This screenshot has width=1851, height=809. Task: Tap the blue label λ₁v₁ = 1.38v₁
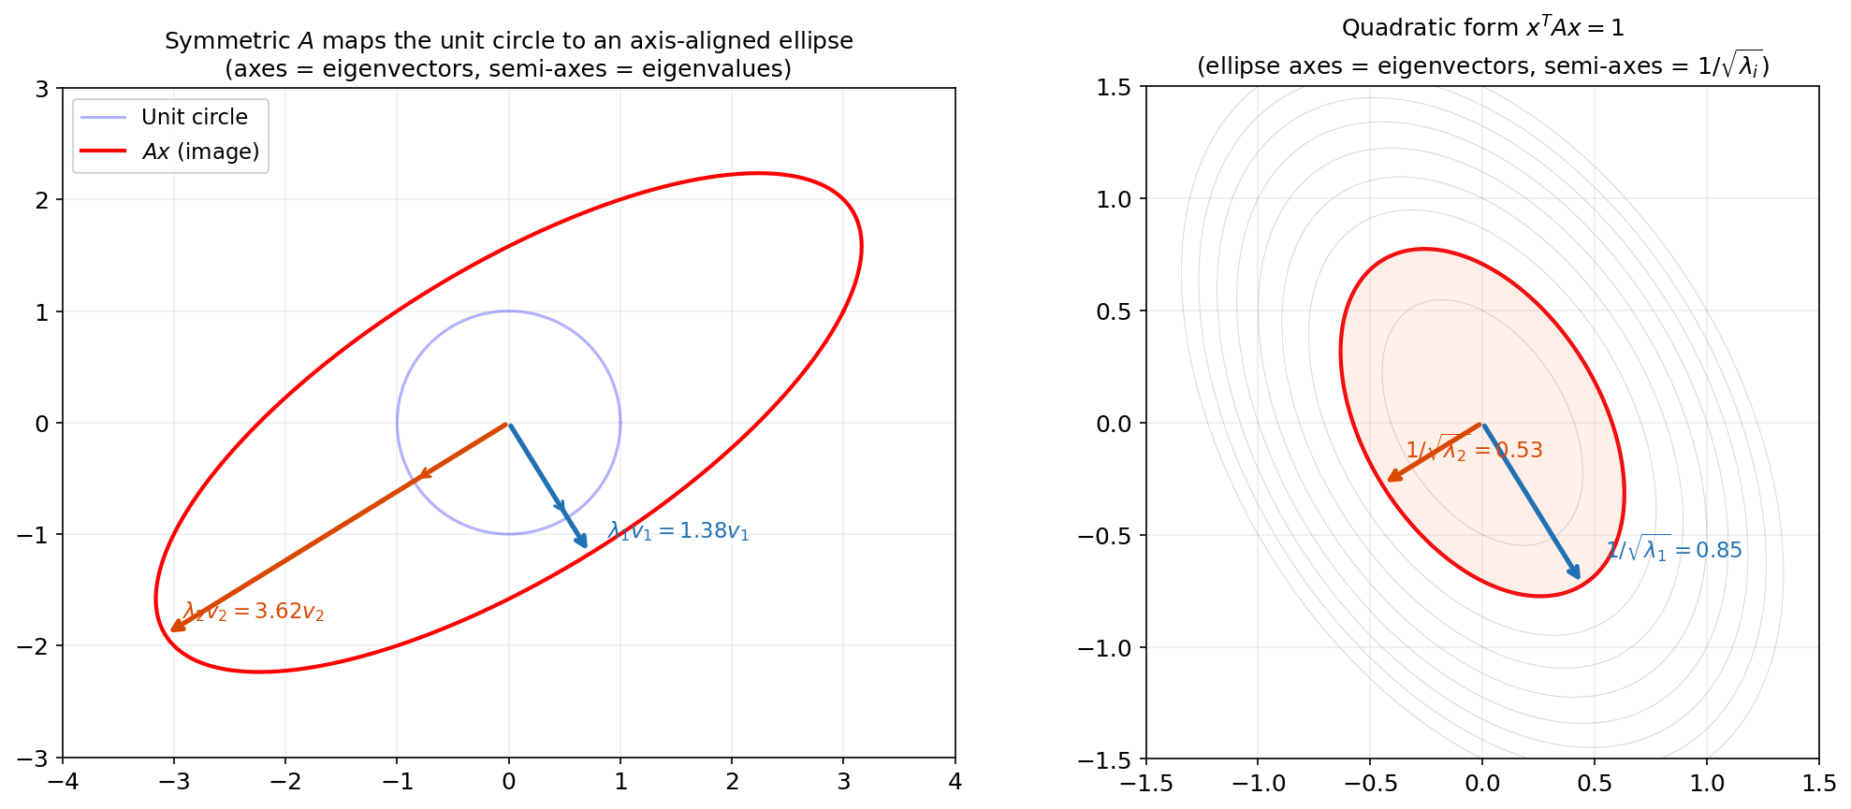(x=678, y=531)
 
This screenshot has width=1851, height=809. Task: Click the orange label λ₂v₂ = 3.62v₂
(x=255, y=612)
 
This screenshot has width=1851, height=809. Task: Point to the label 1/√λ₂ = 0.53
(x=1474, y=450)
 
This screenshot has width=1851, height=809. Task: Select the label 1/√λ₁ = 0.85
(x=1674, y=550)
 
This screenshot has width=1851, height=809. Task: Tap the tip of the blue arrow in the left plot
(x=586, y=545)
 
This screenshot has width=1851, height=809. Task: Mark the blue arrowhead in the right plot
(x=1578, y=576)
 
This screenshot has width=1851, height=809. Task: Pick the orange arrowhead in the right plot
(x=1390, y=479)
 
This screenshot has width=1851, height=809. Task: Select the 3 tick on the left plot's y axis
(x=42, y=89)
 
